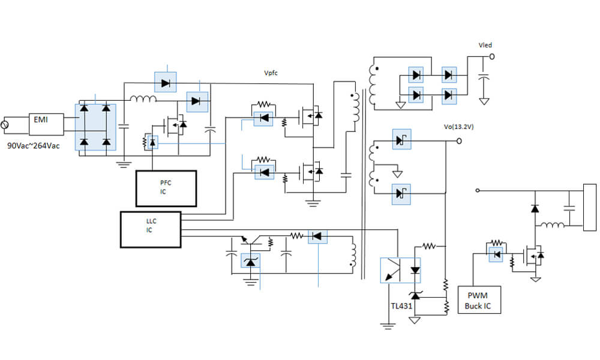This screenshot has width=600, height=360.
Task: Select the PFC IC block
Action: point(166,187)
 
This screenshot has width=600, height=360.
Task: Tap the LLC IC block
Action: point(151,229)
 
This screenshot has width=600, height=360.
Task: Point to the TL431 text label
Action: point(402,306)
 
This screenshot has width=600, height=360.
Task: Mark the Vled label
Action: point(485,45)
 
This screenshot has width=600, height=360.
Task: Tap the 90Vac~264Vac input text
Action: point(33,146)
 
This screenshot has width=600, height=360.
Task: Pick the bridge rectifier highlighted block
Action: point(95,126)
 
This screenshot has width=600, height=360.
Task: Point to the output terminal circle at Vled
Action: point(492,56)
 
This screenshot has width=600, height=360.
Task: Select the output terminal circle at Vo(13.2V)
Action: point(459,141)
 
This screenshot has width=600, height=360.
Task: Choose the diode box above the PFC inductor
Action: point(165,82)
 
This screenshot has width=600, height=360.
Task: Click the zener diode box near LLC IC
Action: point(250,261)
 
